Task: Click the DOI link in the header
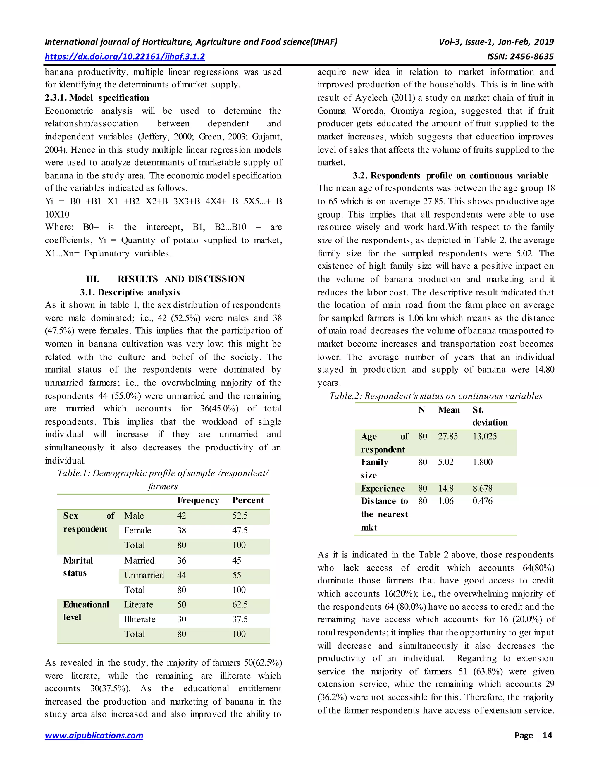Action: click(125, 56)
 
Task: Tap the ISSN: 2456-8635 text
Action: click(520, 56)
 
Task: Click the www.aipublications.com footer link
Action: click(94, 735)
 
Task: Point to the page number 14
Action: click(547, 735)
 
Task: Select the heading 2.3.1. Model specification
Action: click(97, 98)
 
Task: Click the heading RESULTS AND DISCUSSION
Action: click(181, 279)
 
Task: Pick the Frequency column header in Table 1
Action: click(198, 500)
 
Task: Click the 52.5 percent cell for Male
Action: click(240, 516)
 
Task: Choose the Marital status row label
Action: click(78, 567)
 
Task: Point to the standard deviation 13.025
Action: click(485, 436)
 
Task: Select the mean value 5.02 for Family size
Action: click(446, 462)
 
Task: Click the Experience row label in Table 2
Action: click(383, 489)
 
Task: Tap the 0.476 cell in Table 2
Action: click(483, 501)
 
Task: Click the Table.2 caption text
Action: click(436, 396)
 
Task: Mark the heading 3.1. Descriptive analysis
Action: click(130, 292)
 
